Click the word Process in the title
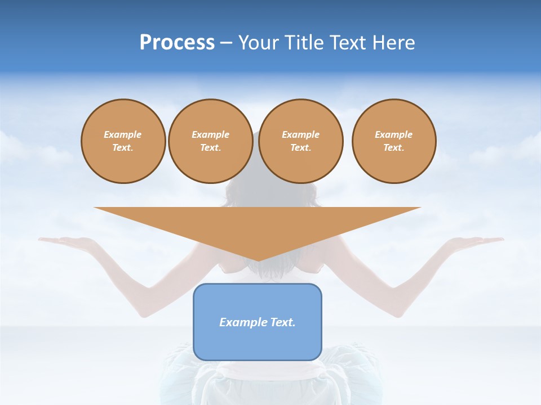click(x=177, y=43)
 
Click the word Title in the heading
click(x=305, y=43)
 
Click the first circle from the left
click(x=123, y=141)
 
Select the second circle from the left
click(x=211, y=141)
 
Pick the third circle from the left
click(x=301, y=141)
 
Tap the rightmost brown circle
click(x=394, y=141)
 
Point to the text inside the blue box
click(x=258, y=322)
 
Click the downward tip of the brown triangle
click(x=258, y=260)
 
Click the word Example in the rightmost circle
click(x=393, y=134)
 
